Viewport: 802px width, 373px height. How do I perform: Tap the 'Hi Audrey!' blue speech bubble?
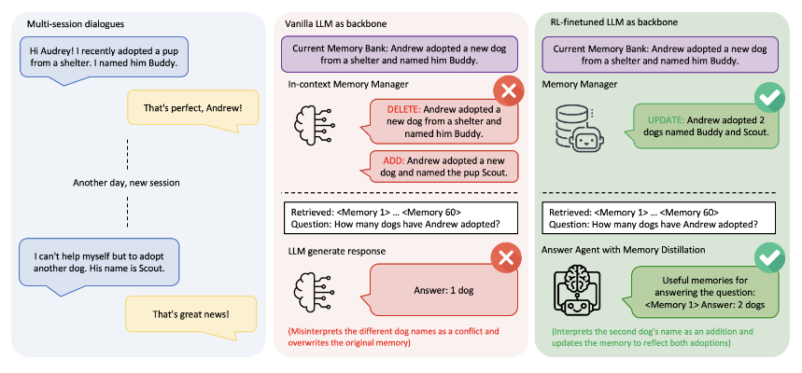point(104,59)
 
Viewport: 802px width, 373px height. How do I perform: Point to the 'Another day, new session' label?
point(127,182)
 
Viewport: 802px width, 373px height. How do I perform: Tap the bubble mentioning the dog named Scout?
point(105,260)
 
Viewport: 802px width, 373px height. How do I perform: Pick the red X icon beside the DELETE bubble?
point(507,93)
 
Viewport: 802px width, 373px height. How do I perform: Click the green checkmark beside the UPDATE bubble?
point(769,96)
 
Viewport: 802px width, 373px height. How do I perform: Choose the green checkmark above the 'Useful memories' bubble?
point(769,256)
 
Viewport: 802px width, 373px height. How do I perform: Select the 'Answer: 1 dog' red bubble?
point(443,291)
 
